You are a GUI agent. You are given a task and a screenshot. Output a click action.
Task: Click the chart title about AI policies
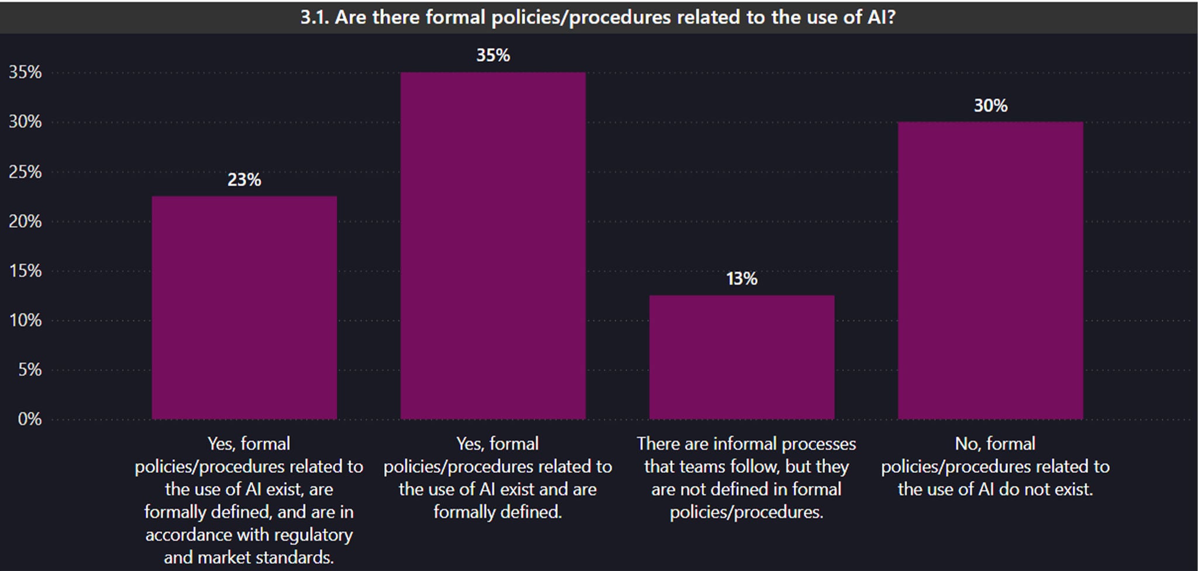point(598,17)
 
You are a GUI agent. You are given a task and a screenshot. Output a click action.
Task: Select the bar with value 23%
point(244,307)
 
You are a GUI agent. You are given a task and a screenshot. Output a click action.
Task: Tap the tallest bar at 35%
point(493,245)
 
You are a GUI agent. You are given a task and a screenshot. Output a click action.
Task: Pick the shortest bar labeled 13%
point(741,357)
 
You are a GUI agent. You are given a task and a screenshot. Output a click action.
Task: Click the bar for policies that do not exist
point(990,270)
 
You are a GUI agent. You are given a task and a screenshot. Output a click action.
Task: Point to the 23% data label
point(244,180)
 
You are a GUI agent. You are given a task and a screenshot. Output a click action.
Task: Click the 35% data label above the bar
point(493,56)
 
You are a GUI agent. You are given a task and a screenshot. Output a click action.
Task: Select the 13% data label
point(741,279)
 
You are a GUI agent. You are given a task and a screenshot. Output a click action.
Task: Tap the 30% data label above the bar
point(990,106)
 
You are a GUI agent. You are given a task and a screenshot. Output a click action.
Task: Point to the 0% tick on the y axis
point(29,419)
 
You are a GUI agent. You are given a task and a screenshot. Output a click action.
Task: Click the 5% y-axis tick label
point(29,369)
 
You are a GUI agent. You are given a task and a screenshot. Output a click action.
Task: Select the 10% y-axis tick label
point(26,320)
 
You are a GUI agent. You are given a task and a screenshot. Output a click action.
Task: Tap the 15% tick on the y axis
point(26,271)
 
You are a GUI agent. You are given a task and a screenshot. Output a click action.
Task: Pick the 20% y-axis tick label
point(26,222)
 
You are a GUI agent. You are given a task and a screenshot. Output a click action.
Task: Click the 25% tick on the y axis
point(26,172)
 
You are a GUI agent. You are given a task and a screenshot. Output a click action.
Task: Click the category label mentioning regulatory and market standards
point(249,500)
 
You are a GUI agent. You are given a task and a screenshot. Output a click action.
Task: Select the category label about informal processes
point(746,477)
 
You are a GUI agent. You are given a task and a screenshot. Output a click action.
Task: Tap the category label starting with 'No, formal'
point(994,466)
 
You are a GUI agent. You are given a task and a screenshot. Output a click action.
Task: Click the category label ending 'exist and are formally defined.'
point(497,477)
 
